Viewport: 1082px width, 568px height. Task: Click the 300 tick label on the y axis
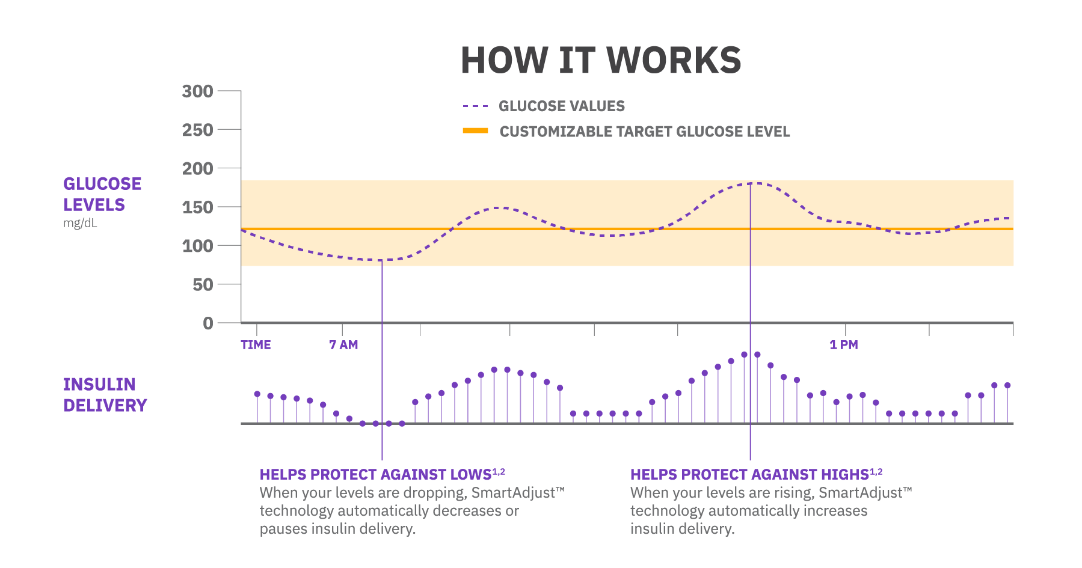(x=197, y=91)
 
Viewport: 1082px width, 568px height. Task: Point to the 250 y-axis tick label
(x=197, y=130)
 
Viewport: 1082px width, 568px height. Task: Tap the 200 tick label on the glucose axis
(x=197, y=169)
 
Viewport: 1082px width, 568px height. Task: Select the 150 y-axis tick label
(x=197, y=207)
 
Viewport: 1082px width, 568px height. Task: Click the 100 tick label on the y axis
(x=197, y=246)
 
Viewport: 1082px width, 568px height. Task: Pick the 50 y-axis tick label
(x=203, y=284)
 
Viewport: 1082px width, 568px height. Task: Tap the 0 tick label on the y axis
(x=208, y=323)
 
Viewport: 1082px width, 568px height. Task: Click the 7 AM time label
(x=343, y=345)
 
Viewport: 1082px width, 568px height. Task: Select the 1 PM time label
(x=843, y=345)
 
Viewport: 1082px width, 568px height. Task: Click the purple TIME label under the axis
(x=256, y=345)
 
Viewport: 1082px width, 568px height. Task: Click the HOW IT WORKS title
(x=601, y=61)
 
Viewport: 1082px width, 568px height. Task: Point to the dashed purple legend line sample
(x=475, y=106)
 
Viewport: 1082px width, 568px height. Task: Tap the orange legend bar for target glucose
(x=475, y=130)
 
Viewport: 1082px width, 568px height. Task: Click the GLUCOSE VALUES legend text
(x=562, y=106)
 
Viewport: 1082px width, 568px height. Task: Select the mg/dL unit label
(x=80, y=224)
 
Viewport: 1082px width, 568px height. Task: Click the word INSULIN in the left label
(x=99, y=385)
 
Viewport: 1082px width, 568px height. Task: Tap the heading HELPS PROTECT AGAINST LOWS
(x=376, y=475)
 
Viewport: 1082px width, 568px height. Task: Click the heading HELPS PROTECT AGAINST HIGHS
(x=749, y=475)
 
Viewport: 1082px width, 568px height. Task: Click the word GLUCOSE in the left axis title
(x=102, y=184)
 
